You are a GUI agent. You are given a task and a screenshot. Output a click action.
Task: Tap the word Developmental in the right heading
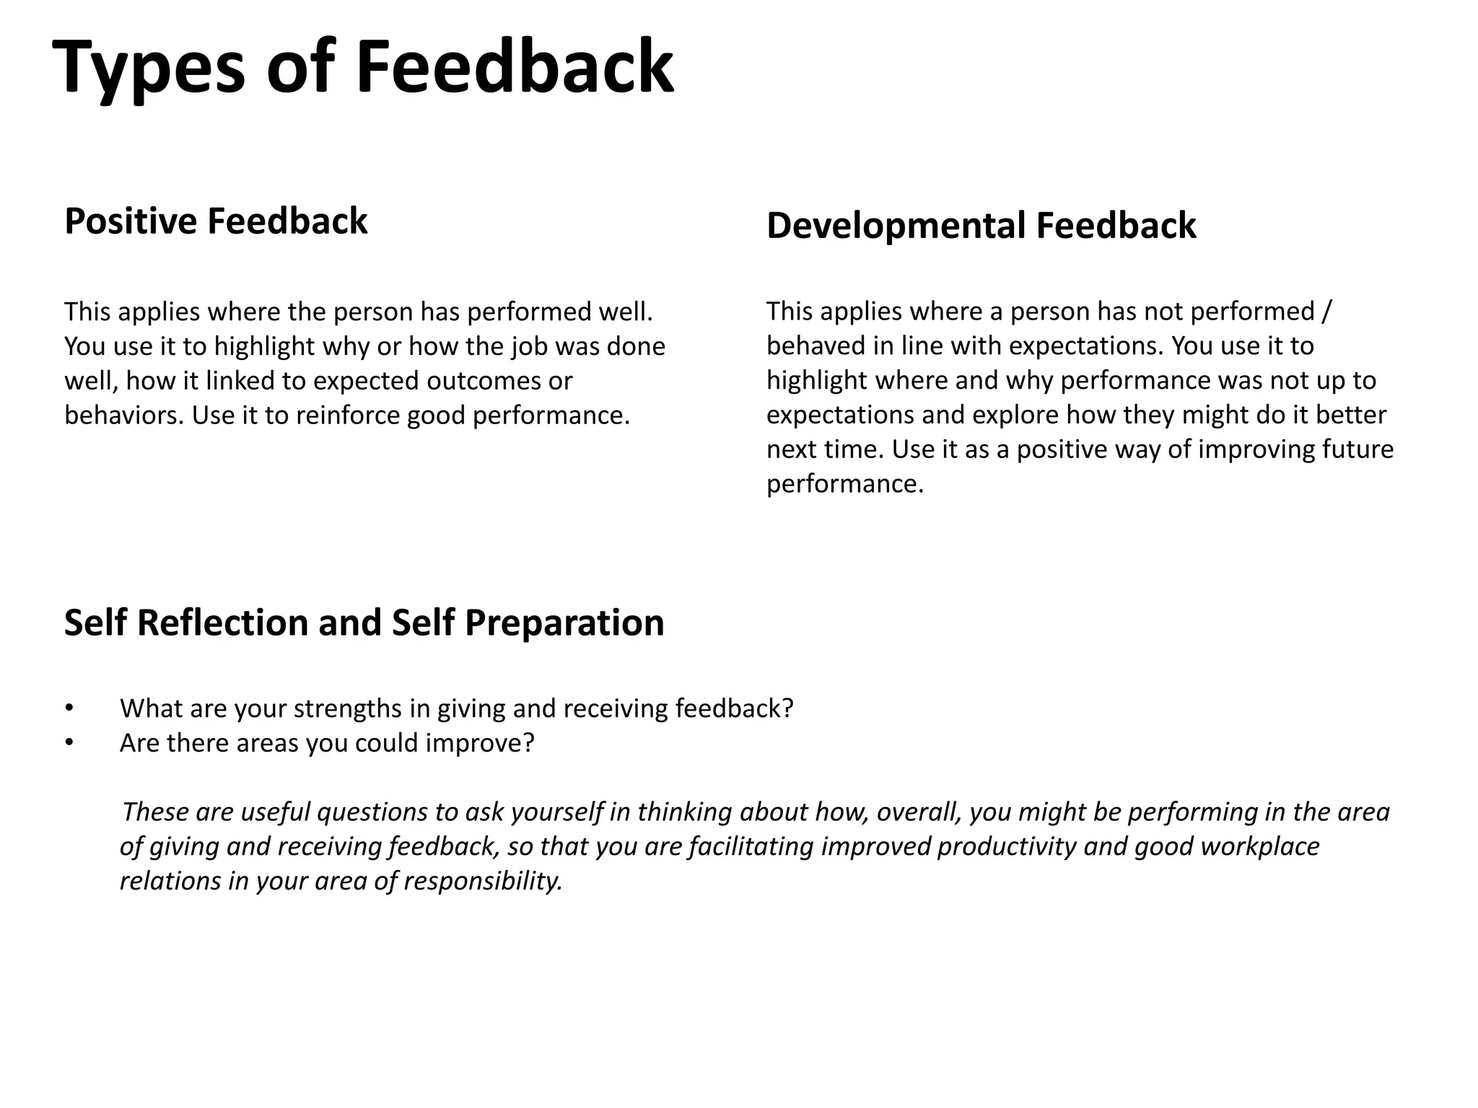point(895,225)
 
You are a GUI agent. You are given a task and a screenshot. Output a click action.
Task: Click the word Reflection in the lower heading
point(222,623)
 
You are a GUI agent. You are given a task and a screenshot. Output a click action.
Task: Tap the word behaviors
point(123,415)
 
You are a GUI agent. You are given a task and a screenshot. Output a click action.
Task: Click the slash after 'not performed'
point(1326,312)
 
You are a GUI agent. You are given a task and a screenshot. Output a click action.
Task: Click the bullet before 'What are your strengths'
point(69,708)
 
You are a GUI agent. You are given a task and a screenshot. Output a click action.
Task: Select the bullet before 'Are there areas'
point(69,742)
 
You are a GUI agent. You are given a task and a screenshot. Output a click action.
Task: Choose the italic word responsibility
point(483,881)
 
